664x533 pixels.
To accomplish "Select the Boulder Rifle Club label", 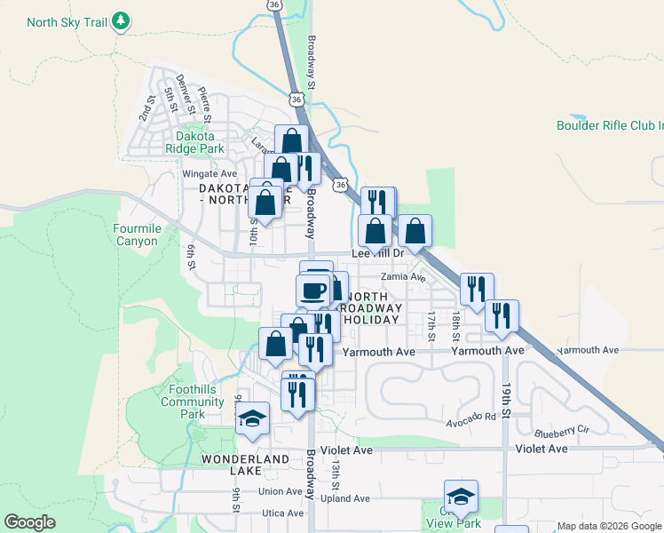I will coord(609,125).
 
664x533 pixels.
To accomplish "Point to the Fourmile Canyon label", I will coord(136,235).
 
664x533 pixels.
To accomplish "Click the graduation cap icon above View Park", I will coord(461,497).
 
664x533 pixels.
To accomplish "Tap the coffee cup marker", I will coord(312,290).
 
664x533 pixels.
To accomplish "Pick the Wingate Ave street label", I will coord(209,173).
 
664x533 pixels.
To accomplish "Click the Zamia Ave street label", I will coord(404,277).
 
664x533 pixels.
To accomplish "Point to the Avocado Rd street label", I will coord(470,417).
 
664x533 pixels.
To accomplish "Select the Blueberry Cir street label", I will coord(561,432).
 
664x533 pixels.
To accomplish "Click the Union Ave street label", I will coord(281,491).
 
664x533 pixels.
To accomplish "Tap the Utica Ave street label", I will coord(282,513).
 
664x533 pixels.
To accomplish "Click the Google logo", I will coord(29,522).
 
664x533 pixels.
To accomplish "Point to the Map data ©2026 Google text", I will coord(609,526).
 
